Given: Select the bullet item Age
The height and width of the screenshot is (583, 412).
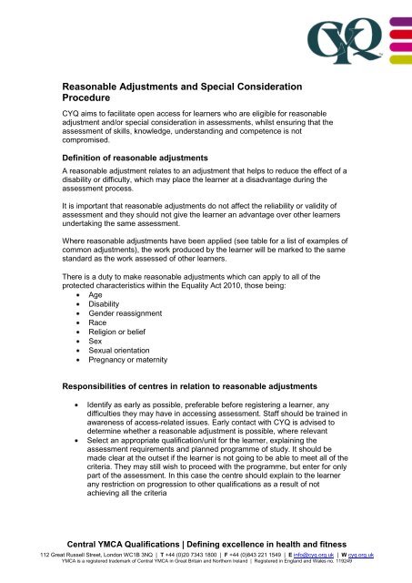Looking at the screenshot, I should click(x=96, y=297).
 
